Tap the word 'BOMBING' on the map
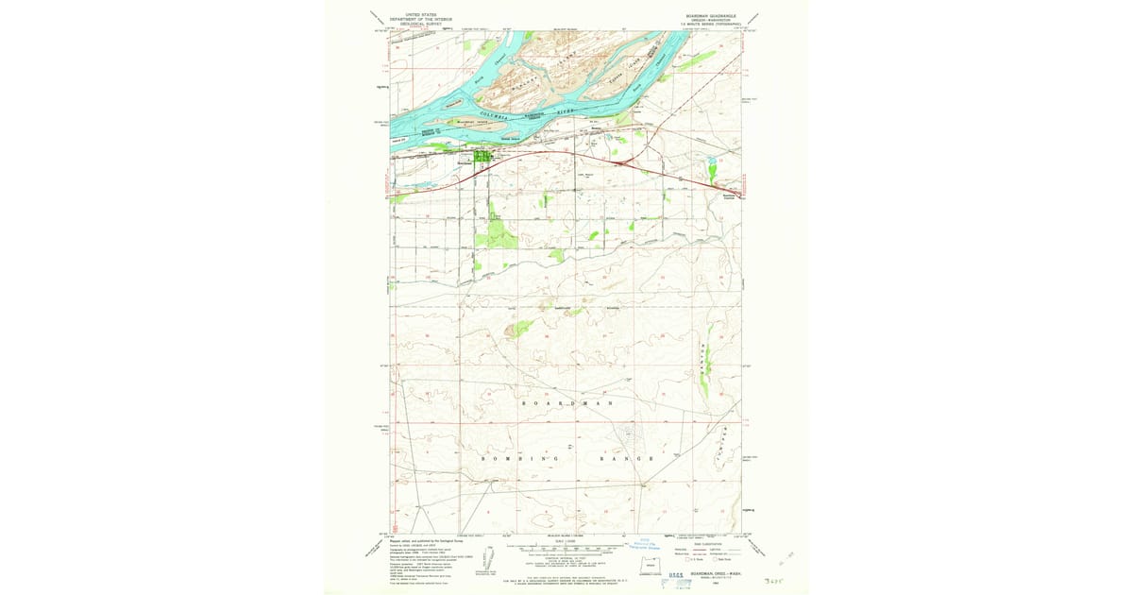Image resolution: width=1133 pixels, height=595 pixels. [x=510, y=457]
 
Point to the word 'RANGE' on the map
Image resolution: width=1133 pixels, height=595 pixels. [x=626, y=457]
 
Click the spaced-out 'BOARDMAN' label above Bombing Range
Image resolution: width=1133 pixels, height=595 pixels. [x=567, y=403]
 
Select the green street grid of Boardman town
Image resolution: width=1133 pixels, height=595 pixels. [x=482, y=157]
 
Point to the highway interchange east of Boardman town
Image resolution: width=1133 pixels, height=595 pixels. [x=619, y=161]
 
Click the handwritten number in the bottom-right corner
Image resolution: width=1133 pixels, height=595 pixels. [x=774, y=578]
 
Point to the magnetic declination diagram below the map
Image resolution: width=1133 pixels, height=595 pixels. [x=490, y=557]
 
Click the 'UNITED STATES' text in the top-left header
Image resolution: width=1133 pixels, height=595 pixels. [x=421, y=15]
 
